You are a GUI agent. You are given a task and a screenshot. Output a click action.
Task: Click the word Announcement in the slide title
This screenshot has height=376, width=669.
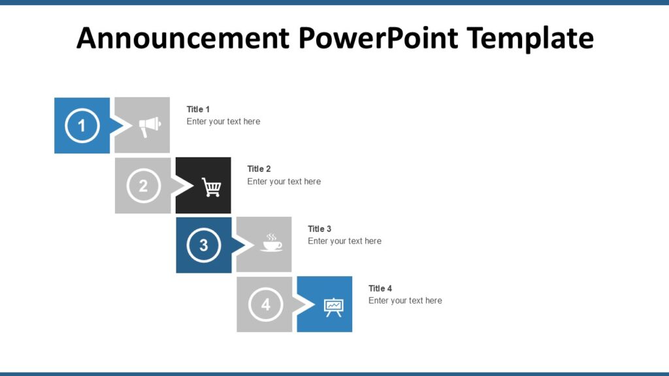click(x=182, y=38)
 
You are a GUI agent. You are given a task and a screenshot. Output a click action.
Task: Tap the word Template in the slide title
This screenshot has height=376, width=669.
click(x=530, y=38)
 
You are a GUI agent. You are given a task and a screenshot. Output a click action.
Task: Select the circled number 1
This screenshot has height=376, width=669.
click(x=82, y=125)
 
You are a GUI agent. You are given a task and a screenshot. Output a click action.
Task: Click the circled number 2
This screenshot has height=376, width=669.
click(x=143, y=185)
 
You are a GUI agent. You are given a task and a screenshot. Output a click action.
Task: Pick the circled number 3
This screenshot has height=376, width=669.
click(x=204, y=245)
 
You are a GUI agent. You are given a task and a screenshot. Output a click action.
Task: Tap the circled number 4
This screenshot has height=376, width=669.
click(x=265, y=304)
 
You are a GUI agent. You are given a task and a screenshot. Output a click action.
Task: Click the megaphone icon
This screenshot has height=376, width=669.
click(x=149, y=125)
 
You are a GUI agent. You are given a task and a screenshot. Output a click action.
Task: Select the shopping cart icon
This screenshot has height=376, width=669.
click(x=211, y=187)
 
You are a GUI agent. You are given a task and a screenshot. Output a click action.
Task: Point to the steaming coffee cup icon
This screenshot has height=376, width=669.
click(x=271, y=243)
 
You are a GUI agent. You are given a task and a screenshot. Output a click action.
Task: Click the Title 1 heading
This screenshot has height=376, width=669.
click(x=198, y=109)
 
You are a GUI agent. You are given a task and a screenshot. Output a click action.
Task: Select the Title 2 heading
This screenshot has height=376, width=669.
click(x=259, y=168)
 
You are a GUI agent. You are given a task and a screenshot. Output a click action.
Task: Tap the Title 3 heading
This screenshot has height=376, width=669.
click(x=319, y=228)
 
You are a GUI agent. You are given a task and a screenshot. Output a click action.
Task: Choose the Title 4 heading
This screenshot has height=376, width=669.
click(x=380, y=288)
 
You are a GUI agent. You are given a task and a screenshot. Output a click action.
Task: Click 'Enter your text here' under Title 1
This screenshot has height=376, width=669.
click(x=223, y=121)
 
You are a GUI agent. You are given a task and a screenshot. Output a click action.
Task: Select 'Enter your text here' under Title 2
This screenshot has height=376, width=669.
click(x=284, y=181)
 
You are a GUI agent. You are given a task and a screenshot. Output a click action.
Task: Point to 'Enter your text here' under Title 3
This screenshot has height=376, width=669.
click(x=344, y=241)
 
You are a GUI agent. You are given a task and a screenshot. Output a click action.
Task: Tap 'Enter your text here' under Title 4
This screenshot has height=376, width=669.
click(x=405, y=300)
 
